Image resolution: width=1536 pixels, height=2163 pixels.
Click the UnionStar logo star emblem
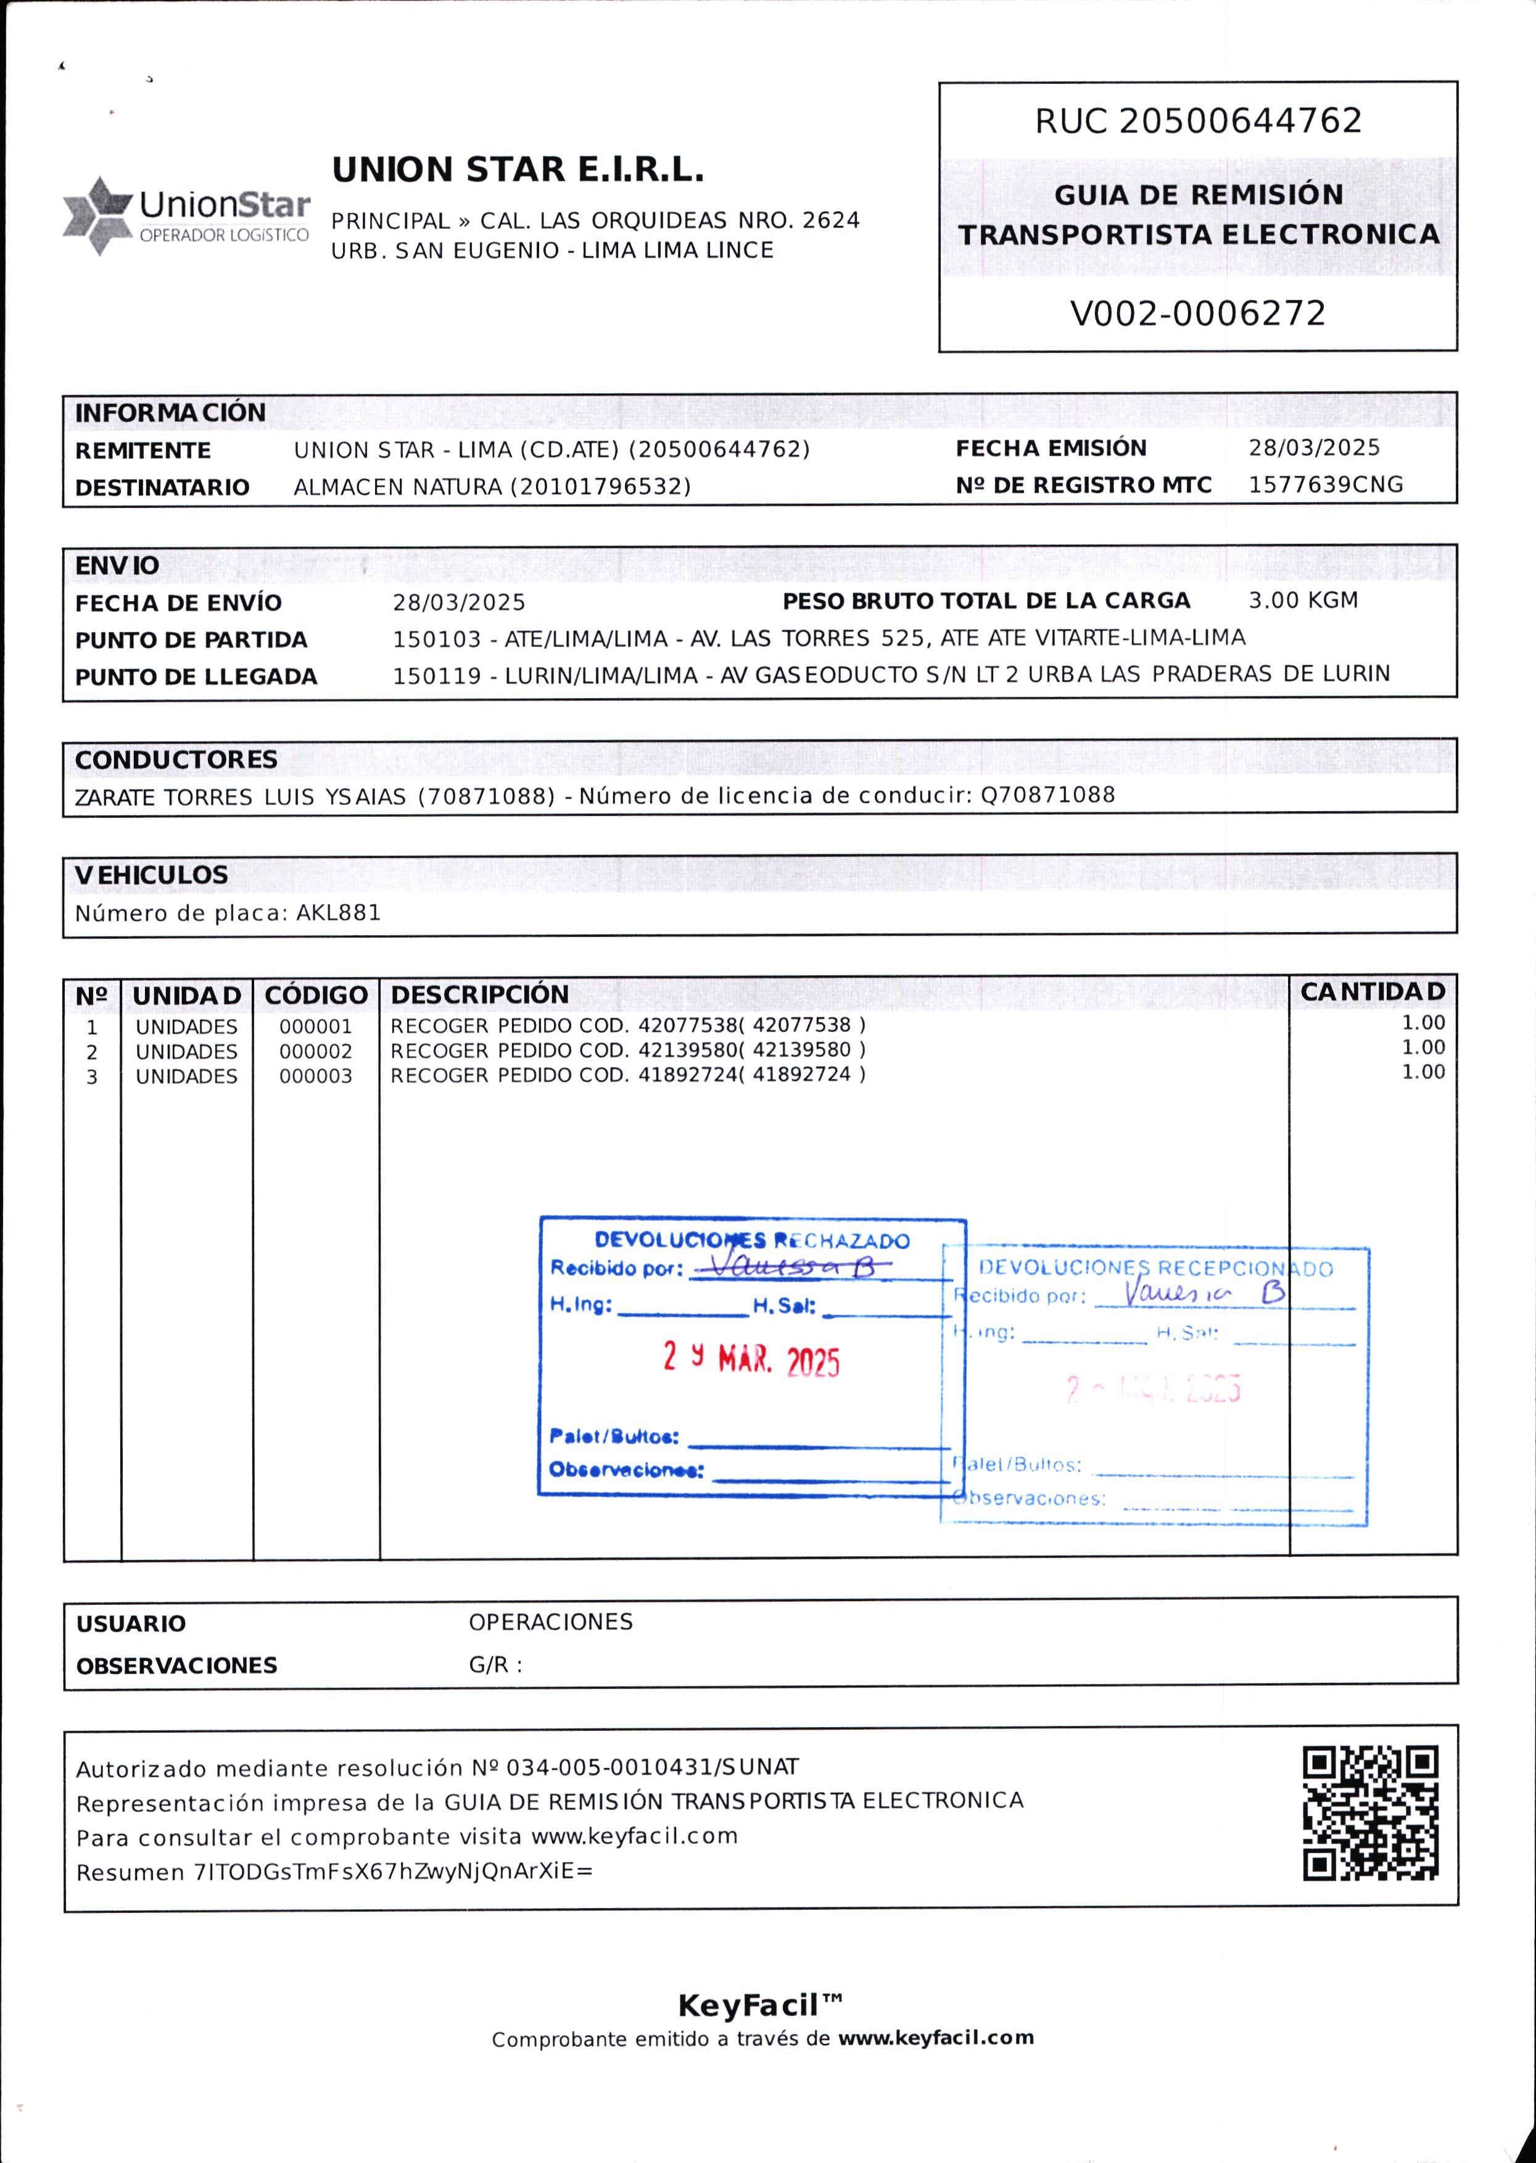pos(97,215)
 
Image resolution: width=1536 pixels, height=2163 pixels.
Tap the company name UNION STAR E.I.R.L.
pos(518,170)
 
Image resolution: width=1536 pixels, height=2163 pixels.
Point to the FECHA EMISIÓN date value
pos(1314,448)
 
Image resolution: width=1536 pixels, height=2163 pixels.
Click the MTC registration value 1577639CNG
pos(1325,485)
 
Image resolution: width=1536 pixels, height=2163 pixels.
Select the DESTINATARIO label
pos(162,487)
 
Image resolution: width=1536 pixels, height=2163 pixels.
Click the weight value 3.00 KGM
pos(1302,600)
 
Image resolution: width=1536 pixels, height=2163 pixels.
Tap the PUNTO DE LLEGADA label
pos(196,677)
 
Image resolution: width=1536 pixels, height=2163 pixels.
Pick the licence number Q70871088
pos(1047,795)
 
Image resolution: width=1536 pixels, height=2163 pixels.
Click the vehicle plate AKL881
pos(339,913)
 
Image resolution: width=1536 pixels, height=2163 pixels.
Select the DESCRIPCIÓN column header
pos(479,994)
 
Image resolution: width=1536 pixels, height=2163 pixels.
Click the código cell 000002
pos(315,1051)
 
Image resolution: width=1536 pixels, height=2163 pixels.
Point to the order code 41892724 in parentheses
pos(802,1074)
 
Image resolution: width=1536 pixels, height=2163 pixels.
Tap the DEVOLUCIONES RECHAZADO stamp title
pos(752,1240)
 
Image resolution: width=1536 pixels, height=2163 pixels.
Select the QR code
pos(1369,1812)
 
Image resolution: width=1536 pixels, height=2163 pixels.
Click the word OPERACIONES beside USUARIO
pos(550,1622)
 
